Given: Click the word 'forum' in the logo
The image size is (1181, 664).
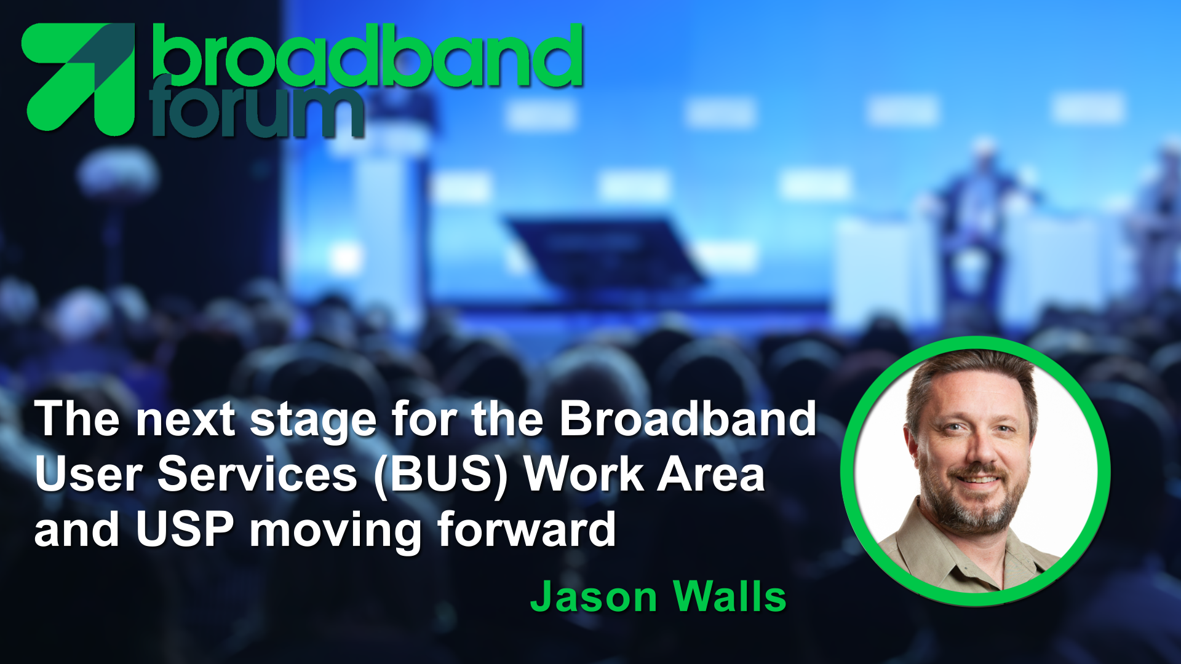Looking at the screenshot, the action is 256,108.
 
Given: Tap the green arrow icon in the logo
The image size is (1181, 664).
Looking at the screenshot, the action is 78,78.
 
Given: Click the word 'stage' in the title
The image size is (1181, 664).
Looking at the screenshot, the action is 313,422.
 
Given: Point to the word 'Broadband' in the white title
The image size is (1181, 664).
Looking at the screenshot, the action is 688,418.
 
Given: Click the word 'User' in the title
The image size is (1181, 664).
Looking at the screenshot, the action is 89,474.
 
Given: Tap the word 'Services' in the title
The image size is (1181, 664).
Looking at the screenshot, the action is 257,474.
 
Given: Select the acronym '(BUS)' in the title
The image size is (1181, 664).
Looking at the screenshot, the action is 440,475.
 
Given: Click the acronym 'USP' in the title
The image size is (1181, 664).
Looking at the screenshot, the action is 185,529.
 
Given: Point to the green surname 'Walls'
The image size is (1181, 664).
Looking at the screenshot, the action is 730,596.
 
